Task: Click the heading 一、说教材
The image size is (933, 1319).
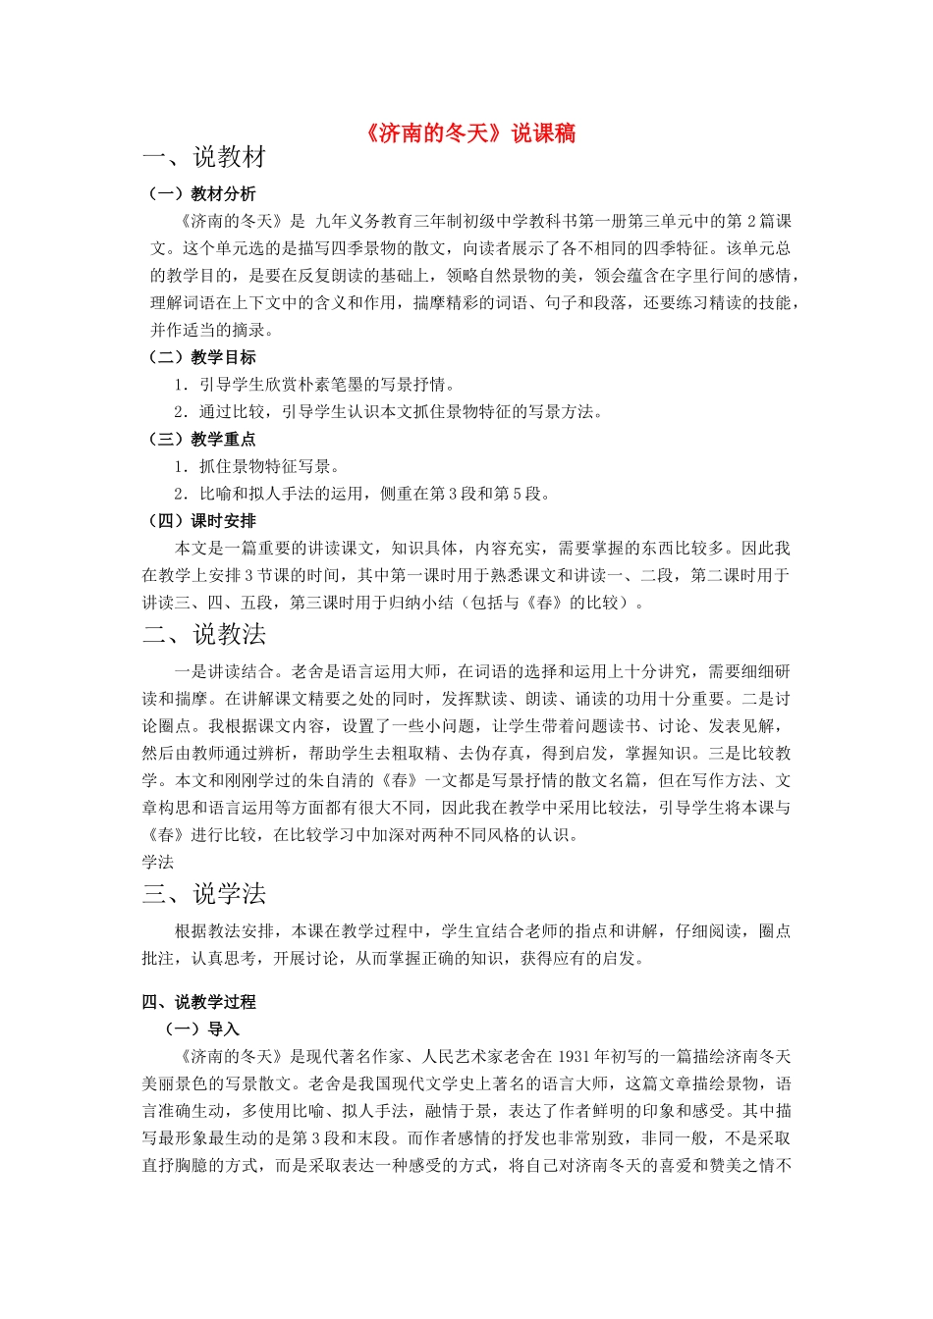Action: pos(204,157)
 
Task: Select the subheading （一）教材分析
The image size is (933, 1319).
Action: pos(200,193)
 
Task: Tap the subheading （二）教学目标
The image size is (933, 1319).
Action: pos(200,357)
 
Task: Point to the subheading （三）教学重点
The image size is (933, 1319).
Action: pos(200,439)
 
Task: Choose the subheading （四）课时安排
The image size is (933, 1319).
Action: pos(200,520)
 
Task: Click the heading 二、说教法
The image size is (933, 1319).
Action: pos(204,635)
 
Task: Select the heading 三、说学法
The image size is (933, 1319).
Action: pos(204,894)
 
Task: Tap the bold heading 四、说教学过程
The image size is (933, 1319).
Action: pos(198,1002)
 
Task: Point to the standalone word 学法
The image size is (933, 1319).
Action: pos(157,862)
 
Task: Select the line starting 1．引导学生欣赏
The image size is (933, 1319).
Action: pos(314,385)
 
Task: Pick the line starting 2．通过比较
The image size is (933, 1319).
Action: pos(388,411)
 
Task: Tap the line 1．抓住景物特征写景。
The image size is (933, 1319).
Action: pos(257,466)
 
